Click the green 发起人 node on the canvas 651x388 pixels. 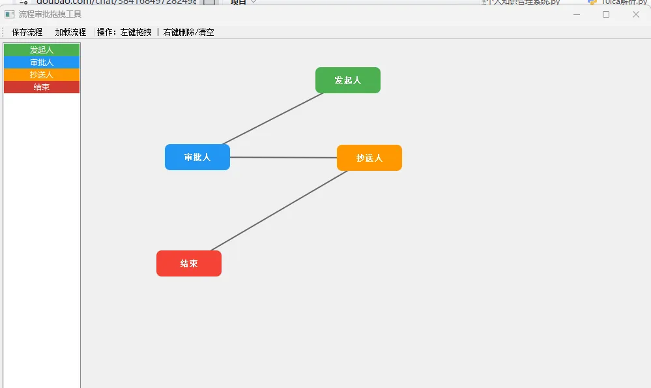347,80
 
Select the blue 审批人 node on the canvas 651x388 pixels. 197,157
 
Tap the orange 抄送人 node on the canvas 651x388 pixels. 369,158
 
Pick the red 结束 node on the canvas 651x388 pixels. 188,263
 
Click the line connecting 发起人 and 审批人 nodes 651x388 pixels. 272,119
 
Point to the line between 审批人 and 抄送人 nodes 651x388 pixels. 283,157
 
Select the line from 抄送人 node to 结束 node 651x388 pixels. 279,211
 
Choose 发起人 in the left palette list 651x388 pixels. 42,50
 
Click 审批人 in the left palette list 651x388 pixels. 42,62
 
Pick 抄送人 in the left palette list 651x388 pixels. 42,74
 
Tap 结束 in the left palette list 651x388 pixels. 42,87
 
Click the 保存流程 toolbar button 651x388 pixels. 27,32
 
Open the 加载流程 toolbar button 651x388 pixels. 70,32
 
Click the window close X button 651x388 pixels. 635,14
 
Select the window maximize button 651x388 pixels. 606,14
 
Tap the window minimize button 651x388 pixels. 576,14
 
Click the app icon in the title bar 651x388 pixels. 9,14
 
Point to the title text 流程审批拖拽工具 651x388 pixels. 50,14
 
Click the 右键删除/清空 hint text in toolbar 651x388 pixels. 189,32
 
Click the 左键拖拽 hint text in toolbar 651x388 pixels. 136,32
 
